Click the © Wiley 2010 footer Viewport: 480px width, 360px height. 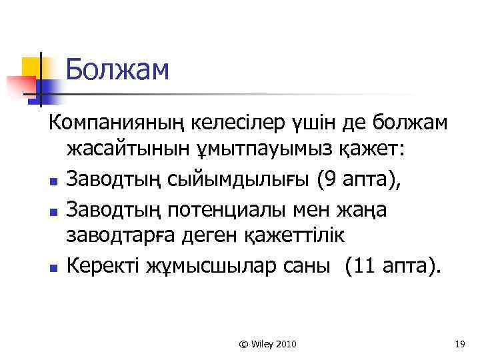tap(268, 344)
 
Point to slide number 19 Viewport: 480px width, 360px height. tap(459, 344)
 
